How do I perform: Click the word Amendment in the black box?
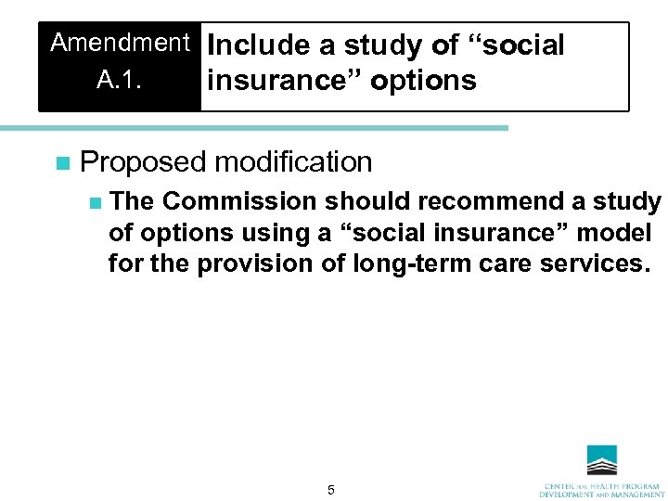coord(120,43)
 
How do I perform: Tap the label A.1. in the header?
coord(120,80)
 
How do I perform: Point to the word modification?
coord(295,162)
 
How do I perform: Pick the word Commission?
coord(239,202)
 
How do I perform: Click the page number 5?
coord(331,489)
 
